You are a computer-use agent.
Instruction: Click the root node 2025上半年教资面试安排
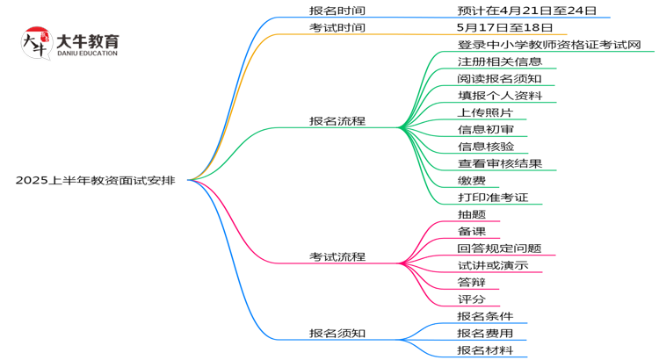point(95,180)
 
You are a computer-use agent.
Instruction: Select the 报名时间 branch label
point(337,11)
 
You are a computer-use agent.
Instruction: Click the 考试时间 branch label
point(337,27)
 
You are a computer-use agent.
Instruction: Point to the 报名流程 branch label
point(337,120)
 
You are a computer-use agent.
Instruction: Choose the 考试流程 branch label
point(337,256)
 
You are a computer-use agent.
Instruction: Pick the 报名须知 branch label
point(337,333)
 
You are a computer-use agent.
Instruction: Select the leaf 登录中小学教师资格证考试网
point(549,44)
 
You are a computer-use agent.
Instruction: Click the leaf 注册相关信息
point(499,61)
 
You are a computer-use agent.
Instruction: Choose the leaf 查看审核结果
point(499,163)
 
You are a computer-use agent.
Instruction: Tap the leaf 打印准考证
point(492,197)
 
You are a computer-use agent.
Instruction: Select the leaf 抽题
point(472,214)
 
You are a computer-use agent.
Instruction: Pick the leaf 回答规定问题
point(499,248)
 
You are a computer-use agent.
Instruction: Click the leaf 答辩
point(472,282)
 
